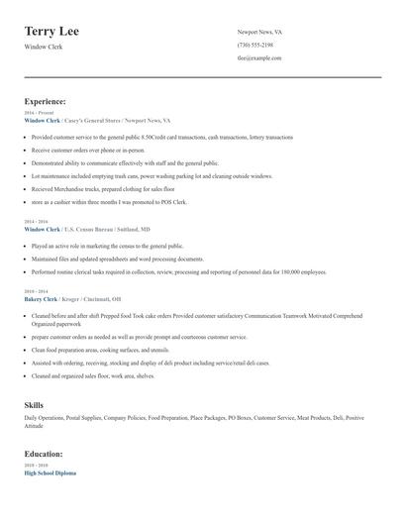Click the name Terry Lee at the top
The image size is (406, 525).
(51, 32)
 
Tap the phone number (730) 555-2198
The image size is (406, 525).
(255, 45)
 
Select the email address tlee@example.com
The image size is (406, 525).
(259, 57)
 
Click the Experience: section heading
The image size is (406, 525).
(46, 101)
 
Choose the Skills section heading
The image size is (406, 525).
(34, 405)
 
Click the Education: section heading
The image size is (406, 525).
(45, 454)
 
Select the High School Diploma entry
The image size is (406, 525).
(50, 472)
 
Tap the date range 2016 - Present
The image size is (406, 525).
(36, 113)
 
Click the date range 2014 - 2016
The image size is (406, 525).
(35, 222)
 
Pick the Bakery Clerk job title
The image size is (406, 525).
(41, 298)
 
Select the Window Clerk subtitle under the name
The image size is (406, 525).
(43, 47)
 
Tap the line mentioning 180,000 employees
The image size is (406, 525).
(178, 270)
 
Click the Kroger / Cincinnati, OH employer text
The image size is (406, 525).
(104, 298)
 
